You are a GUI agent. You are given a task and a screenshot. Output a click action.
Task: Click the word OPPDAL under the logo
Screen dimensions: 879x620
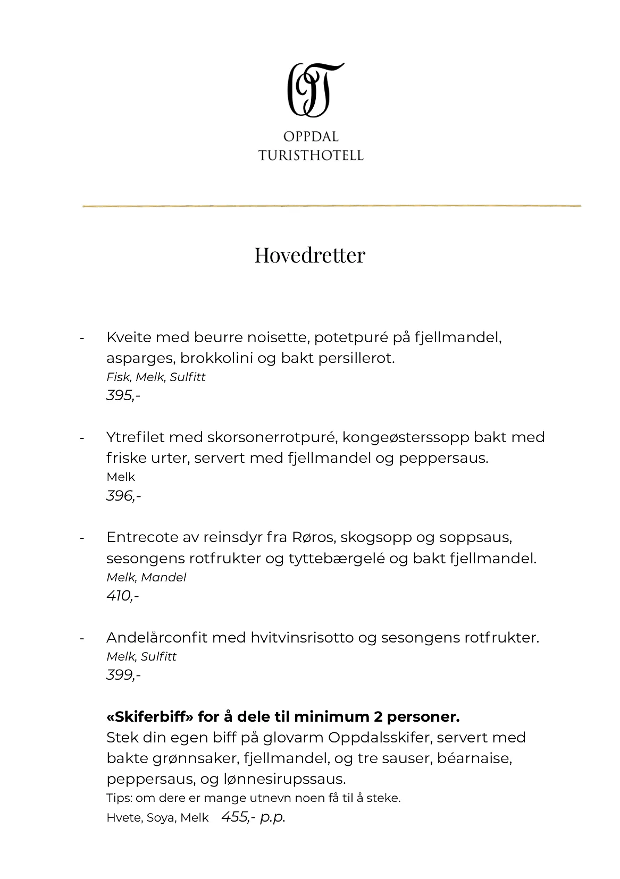tap(311, 137)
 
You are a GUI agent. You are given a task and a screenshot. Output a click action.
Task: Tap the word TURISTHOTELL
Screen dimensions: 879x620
tap(311, 155)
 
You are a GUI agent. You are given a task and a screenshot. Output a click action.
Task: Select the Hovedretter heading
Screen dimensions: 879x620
tap(309, 255)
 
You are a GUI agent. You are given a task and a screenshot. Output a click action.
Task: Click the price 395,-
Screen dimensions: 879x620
tap(123, 395)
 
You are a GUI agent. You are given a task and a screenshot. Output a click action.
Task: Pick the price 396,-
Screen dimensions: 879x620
tap(123, 496)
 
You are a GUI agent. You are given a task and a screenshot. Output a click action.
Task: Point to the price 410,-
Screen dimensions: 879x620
tap(122, 596)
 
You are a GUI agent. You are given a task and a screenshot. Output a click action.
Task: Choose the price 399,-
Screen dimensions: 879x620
tap(123, 675)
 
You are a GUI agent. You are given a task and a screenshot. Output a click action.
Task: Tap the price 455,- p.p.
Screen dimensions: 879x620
tap(253, 817)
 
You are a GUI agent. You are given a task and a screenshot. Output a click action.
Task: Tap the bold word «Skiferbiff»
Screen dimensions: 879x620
tap(150, 717)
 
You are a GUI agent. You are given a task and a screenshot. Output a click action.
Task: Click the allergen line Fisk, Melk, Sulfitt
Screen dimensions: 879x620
tap(156, 377)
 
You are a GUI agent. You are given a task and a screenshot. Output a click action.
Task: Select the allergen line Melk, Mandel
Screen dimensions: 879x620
tap(146, 577)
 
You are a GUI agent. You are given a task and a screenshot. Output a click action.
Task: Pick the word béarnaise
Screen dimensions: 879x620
tap(474, 758)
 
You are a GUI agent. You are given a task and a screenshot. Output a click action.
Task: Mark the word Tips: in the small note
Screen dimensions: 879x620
tap(120, 798)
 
